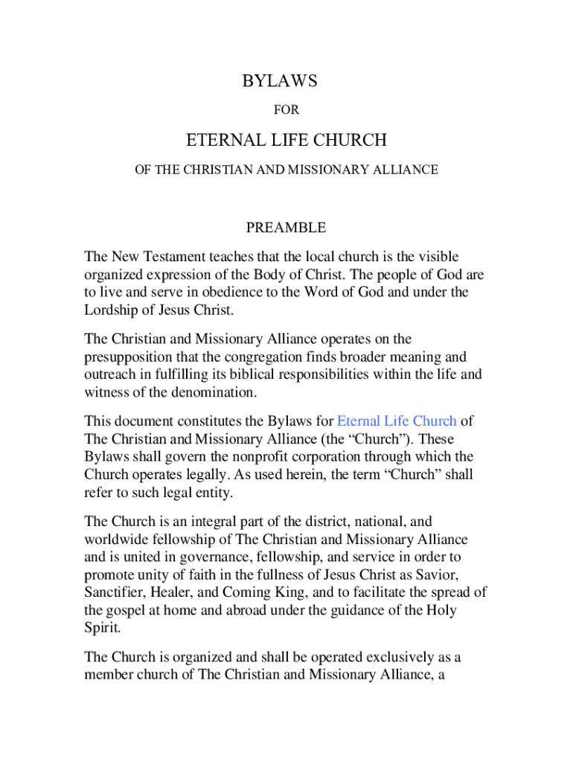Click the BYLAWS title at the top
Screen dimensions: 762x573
[280, 82]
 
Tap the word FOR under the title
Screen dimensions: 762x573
[286, 110]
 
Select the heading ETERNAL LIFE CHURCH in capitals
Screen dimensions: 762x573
[286, 140]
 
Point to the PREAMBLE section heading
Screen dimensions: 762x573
[286, 227]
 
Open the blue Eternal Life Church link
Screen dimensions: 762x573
[397, 420]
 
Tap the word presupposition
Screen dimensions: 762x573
[129, 357]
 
